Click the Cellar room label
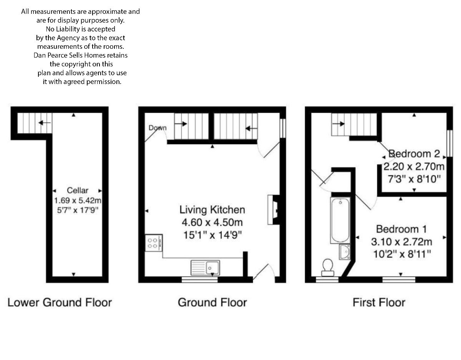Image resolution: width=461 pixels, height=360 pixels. point(78,190)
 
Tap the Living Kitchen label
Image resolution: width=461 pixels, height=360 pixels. point(212,210)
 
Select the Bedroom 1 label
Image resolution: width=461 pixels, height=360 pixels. point(401,229)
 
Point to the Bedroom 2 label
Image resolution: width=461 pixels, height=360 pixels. point(414,154)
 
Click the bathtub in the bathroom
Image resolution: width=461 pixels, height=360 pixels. point(340,220)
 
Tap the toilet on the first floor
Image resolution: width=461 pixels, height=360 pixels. point(328,267)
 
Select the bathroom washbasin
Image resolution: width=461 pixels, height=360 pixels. point(345,252)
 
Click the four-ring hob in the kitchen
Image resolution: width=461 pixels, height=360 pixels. point(154,243)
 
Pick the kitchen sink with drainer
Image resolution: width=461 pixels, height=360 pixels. point(205,268)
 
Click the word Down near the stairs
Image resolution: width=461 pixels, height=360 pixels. point(158,128)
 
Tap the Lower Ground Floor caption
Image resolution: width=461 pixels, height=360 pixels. point(60,302)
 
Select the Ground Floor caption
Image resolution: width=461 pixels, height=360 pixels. point(212,302)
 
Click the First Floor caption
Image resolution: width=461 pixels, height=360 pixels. point(379,302)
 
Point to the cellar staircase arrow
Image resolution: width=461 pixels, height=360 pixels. point(45,123)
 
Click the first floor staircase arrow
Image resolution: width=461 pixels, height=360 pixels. point(338,124)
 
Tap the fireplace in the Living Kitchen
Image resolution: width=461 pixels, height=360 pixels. point(274,210)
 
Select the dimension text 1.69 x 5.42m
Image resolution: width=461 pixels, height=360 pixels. point(78,200)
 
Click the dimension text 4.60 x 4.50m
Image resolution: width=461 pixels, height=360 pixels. point(212,223)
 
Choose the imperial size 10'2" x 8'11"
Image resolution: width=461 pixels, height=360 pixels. point(402,254)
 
